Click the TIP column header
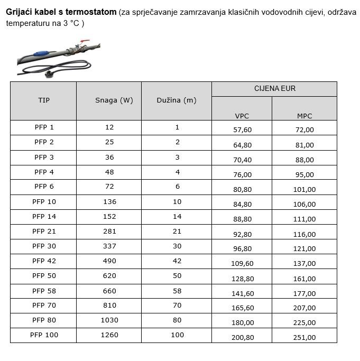(44, 100)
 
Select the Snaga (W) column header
(114, 100)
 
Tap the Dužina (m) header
(177, 100)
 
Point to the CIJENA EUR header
(274, 89)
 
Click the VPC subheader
(242, 116)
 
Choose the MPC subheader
(304, 116)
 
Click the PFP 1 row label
(44, 127)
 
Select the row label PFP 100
(44, 335)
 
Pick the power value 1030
(109, 320)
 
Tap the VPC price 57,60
(242, 130)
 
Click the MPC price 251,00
(304, 337)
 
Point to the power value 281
(109, 231)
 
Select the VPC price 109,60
(242, 263)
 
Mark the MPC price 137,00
(304, 263)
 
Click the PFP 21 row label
(44, 231)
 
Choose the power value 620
(109, 275)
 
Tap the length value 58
(177, 290)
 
